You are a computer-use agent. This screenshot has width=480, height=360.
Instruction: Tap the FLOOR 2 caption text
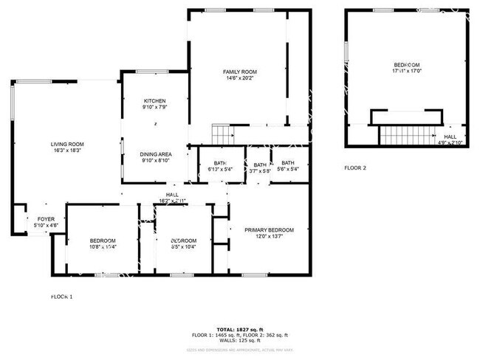coord(354,167)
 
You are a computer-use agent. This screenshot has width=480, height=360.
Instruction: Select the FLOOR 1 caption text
coord(61,297)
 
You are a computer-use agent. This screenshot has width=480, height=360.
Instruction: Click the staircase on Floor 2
coord(405,136)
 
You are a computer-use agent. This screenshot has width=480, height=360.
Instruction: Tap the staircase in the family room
coord(222,134)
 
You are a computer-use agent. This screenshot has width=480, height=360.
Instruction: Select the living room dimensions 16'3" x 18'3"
coord(66,150)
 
